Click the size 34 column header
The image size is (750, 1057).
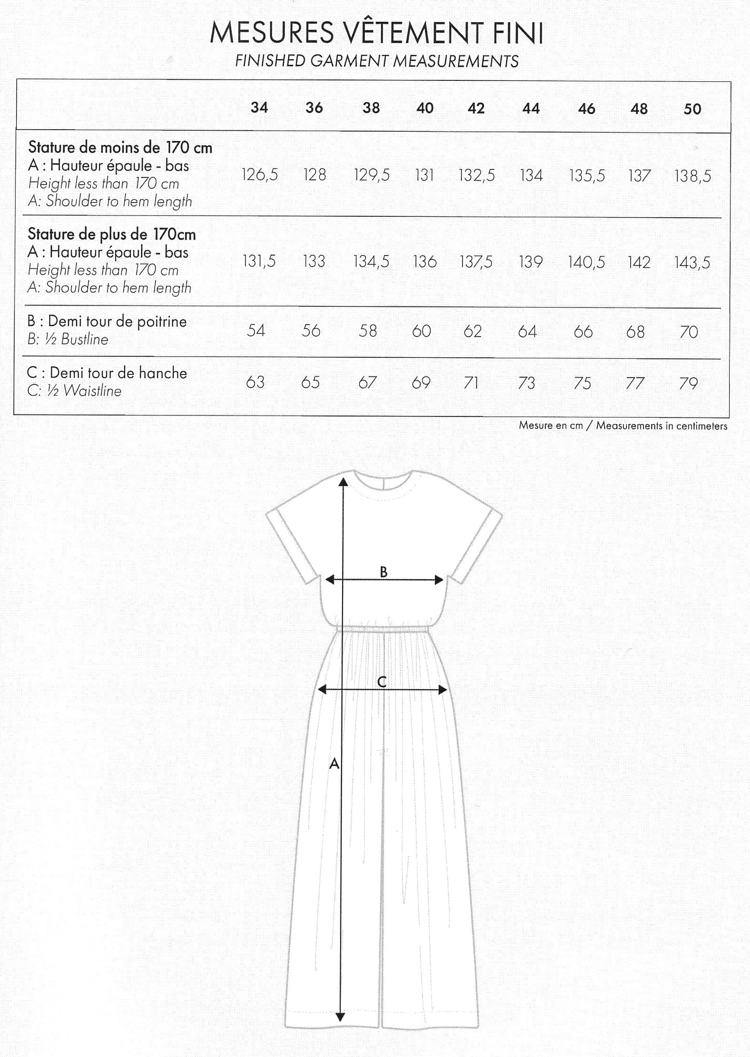pos(259,107)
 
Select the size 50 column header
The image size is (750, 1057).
pos(692,109)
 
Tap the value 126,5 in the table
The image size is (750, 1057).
pos(260,175)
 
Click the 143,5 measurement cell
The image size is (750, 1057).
pos(692,262)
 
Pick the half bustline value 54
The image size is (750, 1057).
pos(256,330)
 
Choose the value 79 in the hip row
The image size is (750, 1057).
pos(688,383)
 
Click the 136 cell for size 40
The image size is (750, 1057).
pos(425,261)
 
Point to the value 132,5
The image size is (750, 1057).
pos(476,175)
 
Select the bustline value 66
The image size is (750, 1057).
pos(583,331)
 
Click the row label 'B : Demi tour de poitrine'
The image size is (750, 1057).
pos(107,322)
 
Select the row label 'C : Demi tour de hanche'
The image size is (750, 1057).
pos(107,373)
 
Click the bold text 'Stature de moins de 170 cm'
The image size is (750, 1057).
pos(120,148)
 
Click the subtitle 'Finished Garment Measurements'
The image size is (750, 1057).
pos(377,61)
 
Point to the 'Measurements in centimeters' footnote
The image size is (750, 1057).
pos(661,426)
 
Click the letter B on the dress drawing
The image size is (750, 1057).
pos(384,572)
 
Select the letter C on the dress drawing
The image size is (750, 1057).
pos(381,682)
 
